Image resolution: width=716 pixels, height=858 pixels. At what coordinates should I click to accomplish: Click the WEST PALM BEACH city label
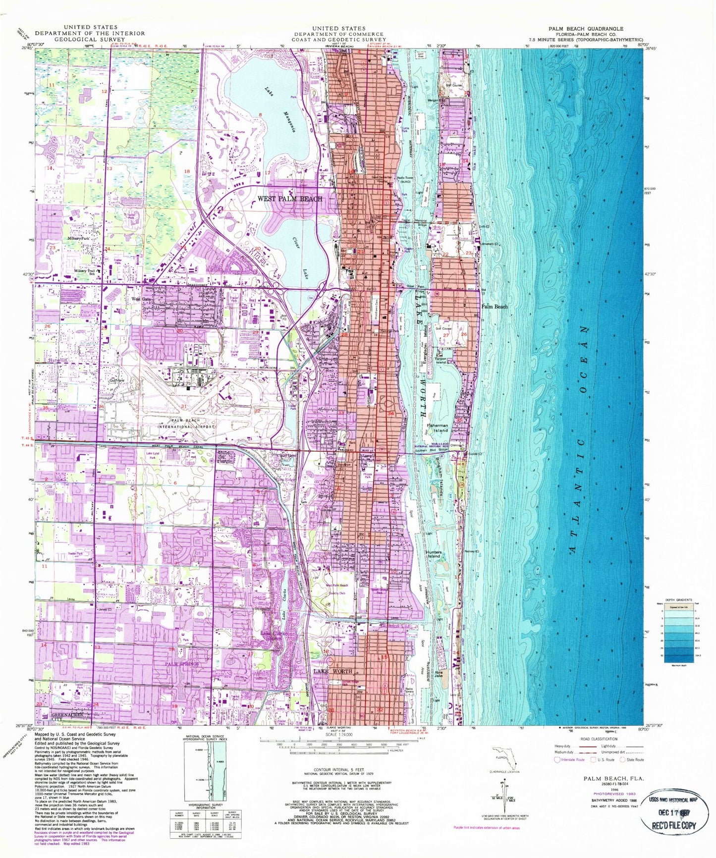(289, 199)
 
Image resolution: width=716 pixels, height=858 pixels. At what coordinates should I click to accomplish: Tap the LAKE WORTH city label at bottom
(332, 671)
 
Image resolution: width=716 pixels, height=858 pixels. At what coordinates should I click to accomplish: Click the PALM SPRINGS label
(182, 663)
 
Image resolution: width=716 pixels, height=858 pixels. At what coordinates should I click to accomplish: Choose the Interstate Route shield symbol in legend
(558, 760)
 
